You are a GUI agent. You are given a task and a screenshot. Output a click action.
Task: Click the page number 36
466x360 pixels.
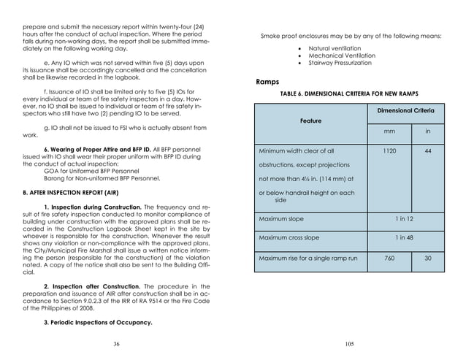click(x=116, y=343)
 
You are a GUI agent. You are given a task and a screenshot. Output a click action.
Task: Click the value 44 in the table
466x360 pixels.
click(x=428, y=151)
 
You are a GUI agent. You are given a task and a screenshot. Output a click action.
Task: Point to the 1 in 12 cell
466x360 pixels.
click(x=408, y=218)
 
